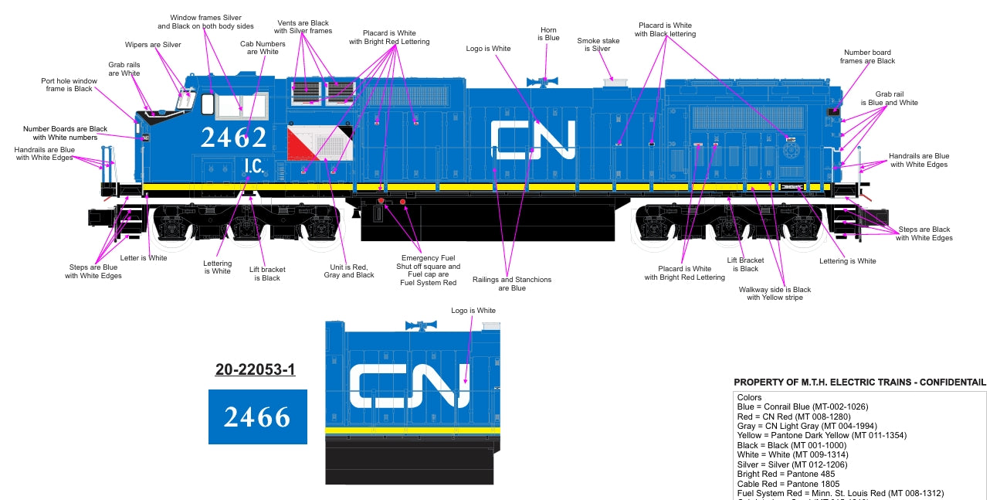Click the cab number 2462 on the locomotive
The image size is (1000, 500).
(233, 138)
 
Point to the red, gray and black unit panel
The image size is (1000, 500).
(319, 144)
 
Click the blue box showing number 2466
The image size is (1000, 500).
(258, 417)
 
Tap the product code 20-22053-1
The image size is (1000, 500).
(255, 370)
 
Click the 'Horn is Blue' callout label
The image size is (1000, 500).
(548, 34)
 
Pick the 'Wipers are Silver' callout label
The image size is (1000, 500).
(153, 45)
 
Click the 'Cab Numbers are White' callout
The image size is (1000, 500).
(263, 48)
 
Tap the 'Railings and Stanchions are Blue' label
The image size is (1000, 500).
(512, 284)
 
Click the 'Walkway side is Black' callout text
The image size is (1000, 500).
(775, 294)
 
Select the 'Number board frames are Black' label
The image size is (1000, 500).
(868, 56)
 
